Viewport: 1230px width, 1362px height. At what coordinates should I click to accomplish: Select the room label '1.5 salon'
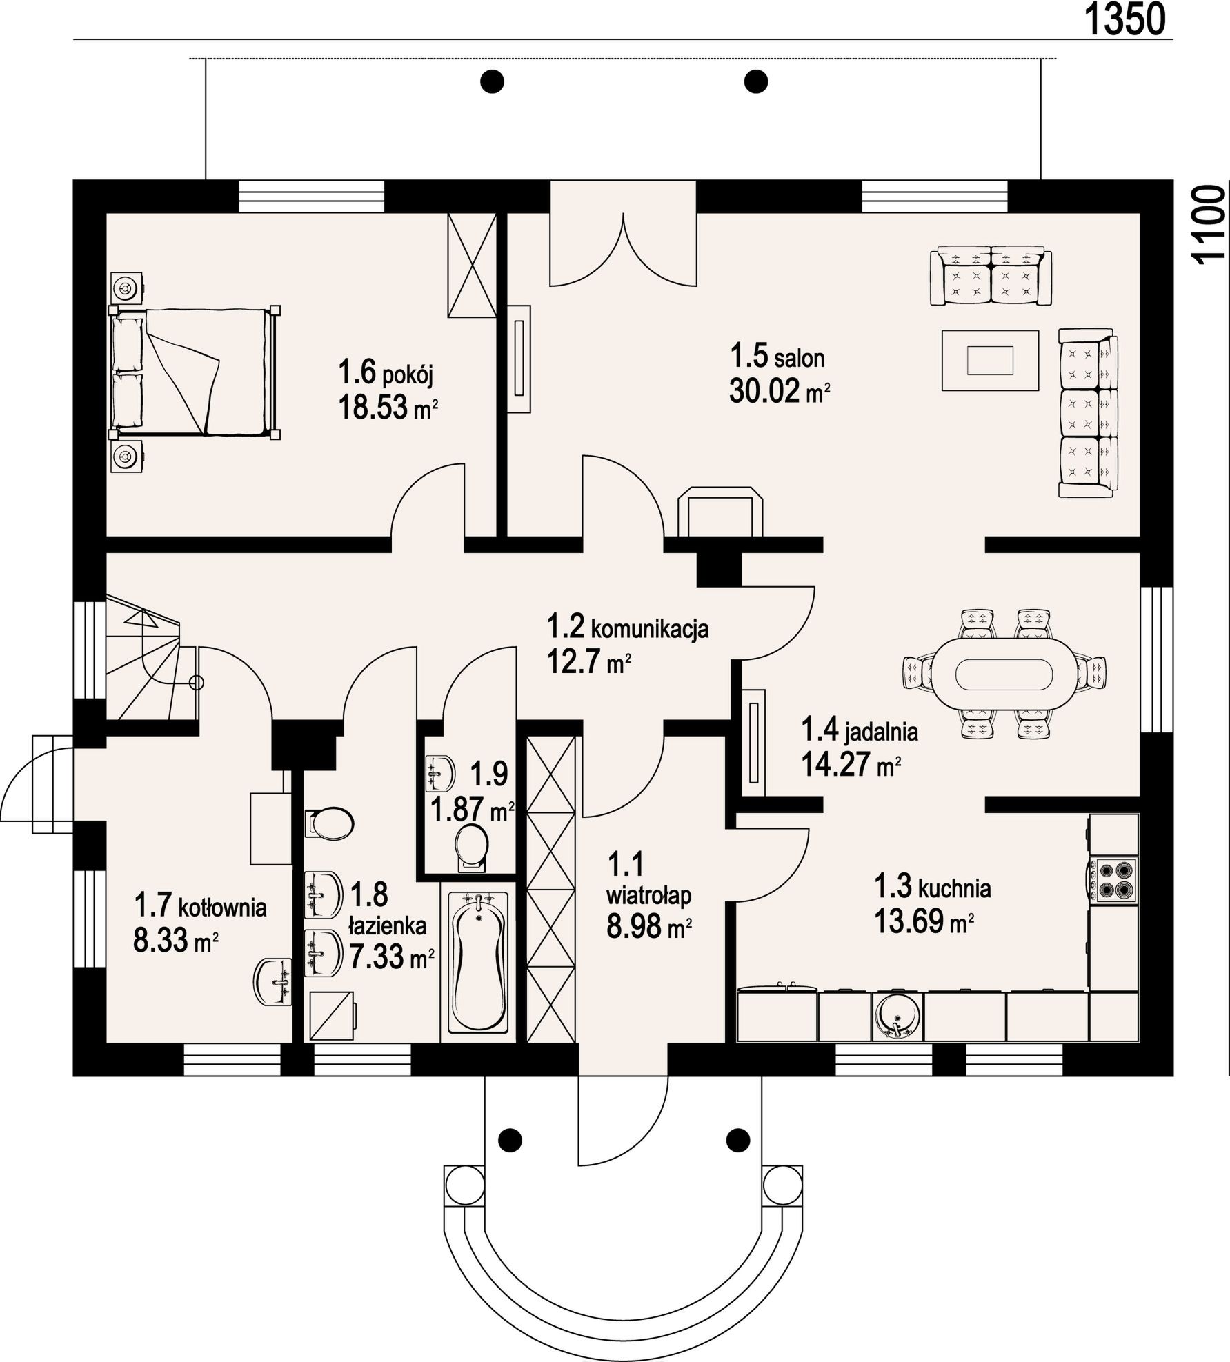pyautogui.click(x=777, y=357)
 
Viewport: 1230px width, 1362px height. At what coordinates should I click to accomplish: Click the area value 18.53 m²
pyautogui.click(x=388, y=408)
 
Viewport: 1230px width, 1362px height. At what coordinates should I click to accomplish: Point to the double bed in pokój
pyautogui.click(x=195, y=372)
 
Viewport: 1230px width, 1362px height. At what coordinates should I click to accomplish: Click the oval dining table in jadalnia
pyautogui.click(x=1005, y=674)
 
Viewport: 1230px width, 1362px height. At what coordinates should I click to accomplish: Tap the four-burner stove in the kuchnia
pyautogui.click(x=1113, y=880)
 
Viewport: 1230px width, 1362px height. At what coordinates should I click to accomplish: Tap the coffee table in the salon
pyautogui.click(x=990, y=361)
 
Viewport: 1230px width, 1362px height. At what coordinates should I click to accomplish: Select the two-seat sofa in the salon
pyautogui.click(x=991, y=276)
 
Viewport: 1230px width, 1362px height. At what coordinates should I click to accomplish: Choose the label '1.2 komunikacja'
pyautogui.click(x=628, y=628)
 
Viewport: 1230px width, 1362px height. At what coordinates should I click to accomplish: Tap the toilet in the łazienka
pyautogui.click(x=329, y=823)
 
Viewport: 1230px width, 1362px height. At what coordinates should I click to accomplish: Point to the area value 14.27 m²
pyautogui.click(x=851, y=764)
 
